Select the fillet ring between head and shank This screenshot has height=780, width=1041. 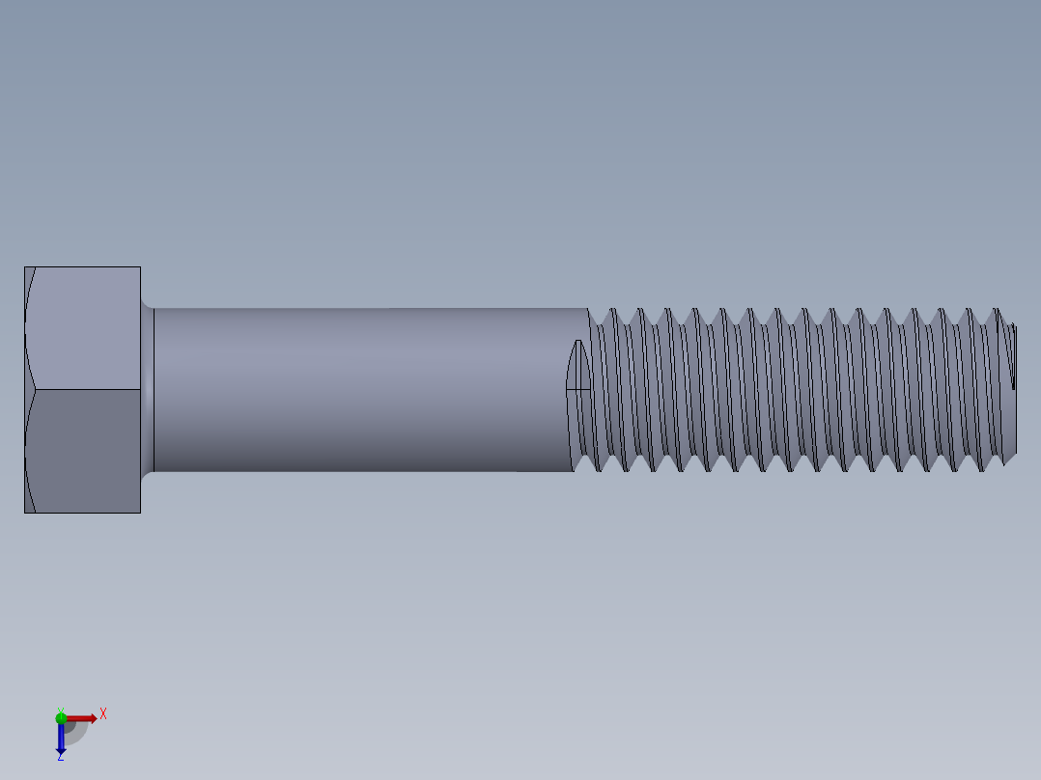(148, 390)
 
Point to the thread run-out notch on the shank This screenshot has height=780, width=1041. (578, 367)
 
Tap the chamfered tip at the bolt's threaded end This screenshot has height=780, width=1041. (1010, 390)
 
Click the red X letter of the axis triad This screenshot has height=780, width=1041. (103, 714)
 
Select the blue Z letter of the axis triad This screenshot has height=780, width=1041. (60, 757)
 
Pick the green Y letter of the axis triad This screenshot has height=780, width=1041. (60, 709)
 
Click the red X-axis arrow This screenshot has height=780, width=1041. (83, 718)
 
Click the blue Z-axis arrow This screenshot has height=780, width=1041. (61, 739)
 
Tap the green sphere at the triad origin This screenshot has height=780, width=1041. (61, 717)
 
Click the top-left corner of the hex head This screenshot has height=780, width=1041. (25, 267)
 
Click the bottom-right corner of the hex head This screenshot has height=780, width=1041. (140, 512)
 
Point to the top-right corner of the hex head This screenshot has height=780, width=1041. (140, 267)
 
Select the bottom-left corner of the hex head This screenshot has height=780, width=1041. (25, 512)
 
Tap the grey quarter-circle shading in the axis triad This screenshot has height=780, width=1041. (74, 732)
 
